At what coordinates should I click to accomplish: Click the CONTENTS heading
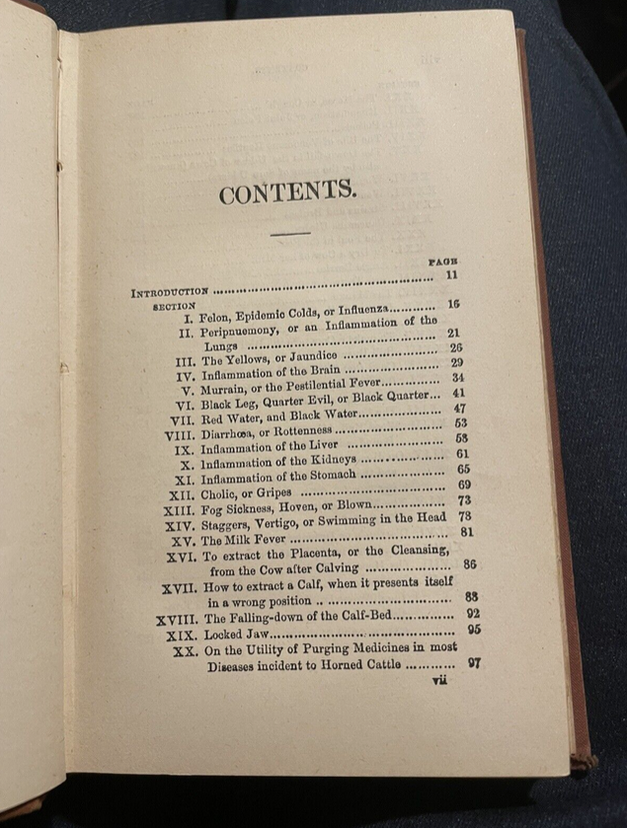click(287, 190)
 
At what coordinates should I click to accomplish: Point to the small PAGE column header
click(442, 262)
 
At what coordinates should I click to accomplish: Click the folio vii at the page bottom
click(438, 680)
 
